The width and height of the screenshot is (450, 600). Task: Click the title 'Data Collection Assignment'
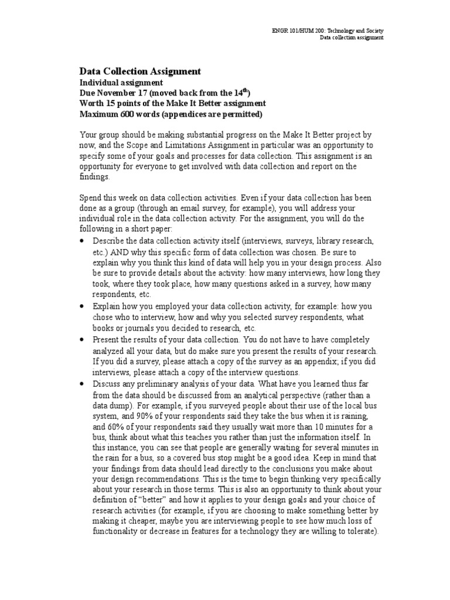[140, 71]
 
